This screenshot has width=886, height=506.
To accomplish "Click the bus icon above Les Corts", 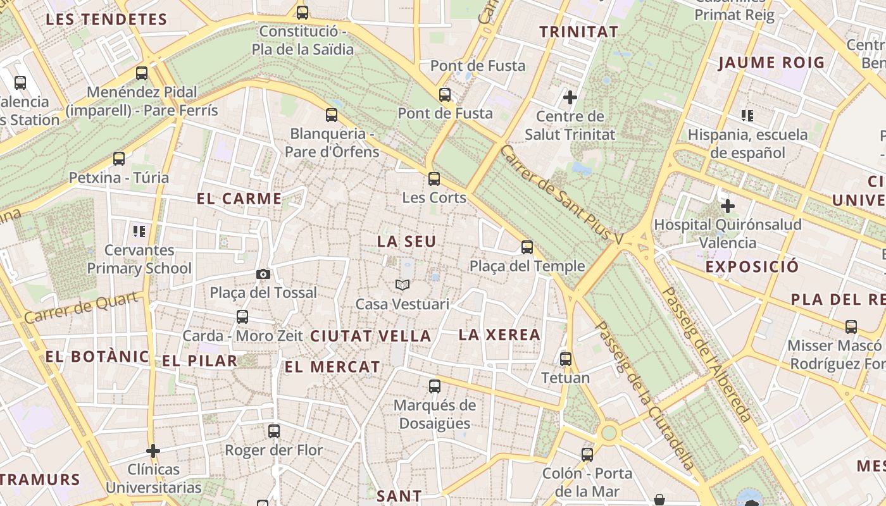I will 434,179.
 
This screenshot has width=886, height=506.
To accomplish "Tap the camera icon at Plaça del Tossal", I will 263,274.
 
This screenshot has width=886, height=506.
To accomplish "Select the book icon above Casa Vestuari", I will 402,285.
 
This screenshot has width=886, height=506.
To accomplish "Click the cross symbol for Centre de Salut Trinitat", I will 570,97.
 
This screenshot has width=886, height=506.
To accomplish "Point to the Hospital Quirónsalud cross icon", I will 728,206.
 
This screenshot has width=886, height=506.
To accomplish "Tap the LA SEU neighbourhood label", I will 407,242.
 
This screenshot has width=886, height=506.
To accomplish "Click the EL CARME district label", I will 239,199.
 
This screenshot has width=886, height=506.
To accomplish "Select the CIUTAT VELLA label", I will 371,336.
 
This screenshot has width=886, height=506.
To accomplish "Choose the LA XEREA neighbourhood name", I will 499,335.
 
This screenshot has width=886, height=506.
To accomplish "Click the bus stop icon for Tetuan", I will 566,359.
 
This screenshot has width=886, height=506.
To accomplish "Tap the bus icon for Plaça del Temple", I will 527,247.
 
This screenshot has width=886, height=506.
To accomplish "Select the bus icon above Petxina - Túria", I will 119,159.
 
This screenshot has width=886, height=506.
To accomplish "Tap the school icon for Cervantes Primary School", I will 139,231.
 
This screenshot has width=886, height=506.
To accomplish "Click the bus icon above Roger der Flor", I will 274,431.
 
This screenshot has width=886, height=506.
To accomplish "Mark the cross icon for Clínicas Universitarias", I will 153,451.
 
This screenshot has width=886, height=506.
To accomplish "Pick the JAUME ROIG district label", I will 771,63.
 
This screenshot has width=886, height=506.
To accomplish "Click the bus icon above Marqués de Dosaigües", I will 435,386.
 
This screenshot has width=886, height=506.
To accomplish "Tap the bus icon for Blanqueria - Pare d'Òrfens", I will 332,115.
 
